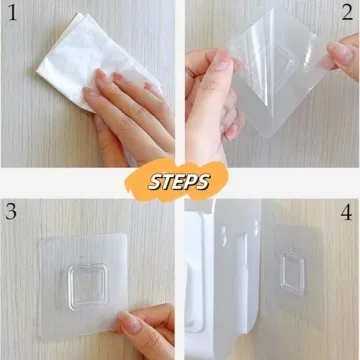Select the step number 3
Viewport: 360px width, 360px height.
(13, 212)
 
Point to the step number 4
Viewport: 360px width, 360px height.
(345, 212)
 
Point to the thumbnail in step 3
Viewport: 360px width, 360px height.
(129, 323)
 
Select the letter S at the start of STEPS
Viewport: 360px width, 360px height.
(153, 182)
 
